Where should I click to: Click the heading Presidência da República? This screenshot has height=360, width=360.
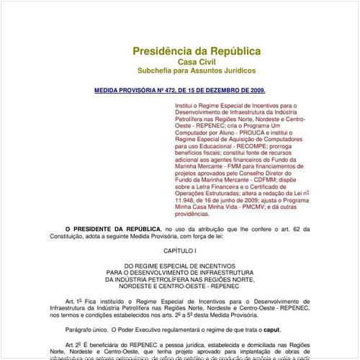click(196, 51)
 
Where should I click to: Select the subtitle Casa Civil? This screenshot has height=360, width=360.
click(196, 63)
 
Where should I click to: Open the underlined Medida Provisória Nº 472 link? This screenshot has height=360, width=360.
click(180, 91)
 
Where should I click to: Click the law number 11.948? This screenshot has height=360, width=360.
click(189, 199)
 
